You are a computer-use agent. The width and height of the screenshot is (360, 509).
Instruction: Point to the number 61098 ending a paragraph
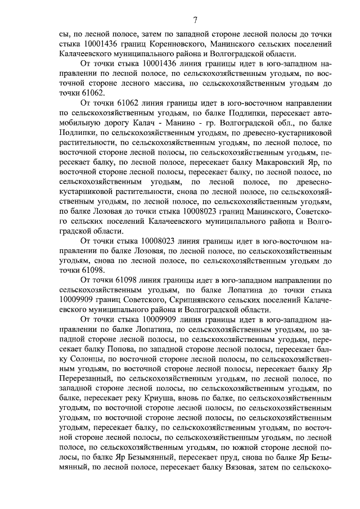76,270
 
